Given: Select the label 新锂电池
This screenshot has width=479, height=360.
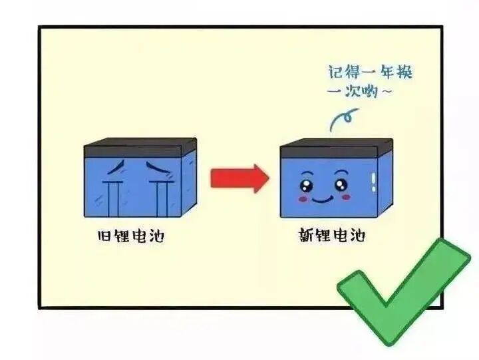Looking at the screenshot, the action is point(332,236).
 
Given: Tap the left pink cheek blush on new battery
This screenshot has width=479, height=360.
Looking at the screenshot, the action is point(303,197).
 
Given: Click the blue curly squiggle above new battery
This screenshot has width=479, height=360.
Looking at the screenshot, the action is point(341,120).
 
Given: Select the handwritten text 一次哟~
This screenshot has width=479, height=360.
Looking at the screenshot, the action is point(360,91).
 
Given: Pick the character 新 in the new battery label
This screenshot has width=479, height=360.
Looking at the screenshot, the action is point(307,236).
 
